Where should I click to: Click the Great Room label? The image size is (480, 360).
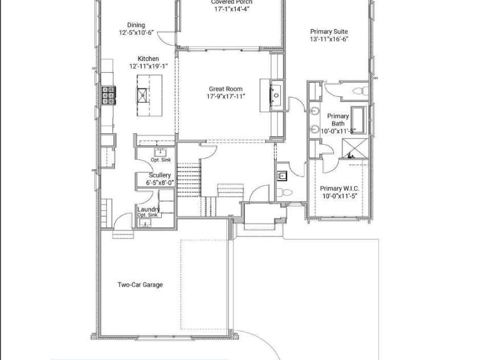click(x=225, y=89)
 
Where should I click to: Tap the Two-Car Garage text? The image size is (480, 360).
click(x=140, y=285)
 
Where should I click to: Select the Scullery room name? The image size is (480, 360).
click(x=160, y=175)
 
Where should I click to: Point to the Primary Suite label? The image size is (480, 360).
click(x=329, y=32)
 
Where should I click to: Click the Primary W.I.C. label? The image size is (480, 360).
click(x=339, y=189)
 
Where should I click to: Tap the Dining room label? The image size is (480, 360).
click(x=136, y=25)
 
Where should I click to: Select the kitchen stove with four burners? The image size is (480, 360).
click(x=108, y=95)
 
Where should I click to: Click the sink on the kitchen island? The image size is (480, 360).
click(x=142, y=95)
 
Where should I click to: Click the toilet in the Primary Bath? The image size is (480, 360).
click(x=359, y=91)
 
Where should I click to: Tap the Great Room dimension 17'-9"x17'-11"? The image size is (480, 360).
click(x=225, y=96)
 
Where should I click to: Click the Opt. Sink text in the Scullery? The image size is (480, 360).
click(x=161, y=160)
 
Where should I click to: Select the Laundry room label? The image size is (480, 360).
click(x=148, y=209)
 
